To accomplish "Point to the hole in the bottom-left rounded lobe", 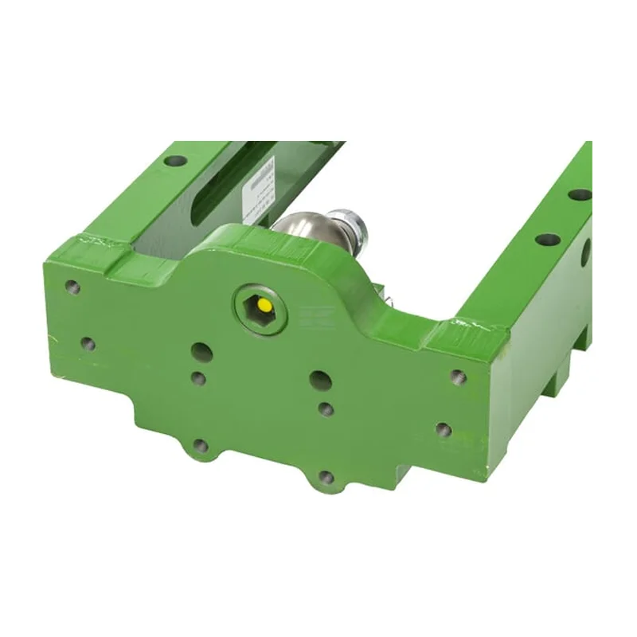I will [x=201, y=446].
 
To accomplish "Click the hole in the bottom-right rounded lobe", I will [x=326, y=478].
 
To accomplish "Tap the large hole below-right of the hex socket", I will [x=320, y=381].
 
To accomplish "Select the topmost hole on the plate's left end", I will [x=73, y=287].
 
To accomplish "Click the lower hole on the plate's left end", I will [x=88, y=344].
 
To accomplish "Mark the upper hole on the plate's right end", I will [x=457, y=377].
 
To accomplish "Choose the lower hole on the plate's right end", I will [x=443, y=431].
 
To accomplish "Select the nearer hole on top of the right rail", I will [x=545, y=240].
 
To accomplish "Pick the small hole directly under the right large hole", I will [x=325, y=409].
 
